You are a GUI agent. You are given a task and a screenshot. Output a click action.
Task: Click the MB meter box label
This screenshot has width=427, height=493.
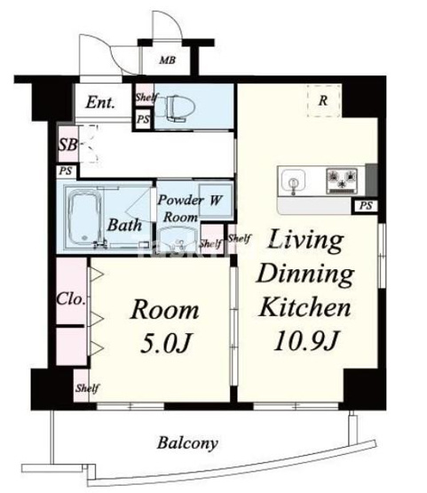click(167, 60)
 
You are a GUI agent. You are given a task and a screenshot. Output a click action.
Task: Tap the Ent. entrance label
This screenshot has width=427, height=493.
click(100, 102)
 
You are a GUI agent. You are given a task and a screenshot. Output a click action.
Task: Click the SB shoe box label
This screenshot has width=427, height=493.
click(67, 145)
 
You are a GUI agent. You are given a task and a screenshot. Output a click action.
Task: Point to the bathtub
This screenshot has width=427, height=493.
click(85, 218)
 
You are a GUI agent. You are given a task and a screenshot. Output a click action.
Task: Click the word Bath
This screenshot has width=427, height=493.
click(124, 225)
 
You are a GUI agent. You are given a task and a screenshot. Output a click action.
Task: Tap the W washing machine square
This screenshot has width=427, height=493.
click(216, 200)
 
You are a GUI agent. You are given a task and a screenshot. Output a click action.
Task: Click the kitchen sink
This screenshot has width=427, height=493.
click(293, 181)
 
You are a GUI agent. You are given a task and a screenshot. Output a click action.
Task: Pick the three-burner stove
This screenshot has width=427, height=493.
click(342, 181)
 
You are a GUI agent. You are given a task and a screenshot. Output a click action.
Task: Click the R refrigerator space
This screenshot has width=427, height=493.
click(323, 100)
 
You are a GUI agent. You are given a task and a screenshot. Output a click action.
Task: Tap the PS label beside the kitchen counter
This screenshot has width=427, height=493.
click(366, 206)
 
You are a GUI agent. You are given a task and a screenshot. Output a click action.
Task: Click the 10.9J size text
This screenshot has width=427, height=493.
click(305, 341)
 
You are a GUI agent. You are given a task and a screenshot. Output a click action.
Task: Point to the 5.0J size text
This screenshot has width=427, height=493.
click(165, 342)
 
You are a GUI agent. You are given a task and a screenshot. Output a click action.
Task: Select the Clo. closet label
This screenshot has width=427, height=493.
click(71, 298)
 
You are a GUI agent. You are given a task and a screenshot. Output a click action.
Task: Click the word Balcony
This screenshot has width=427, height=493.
click(187, 443)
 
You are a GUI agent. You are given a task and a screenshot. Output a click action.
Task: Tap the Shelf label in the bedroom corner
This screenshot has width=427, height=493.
click(87, 388)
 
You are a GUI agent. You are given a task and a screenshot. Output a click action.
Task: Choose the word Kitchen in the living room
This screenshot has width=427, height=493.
click(304, 307)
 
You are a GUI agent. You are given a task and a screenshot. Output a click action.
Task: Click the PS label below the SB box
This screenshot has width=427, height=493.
click(66, 171)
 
